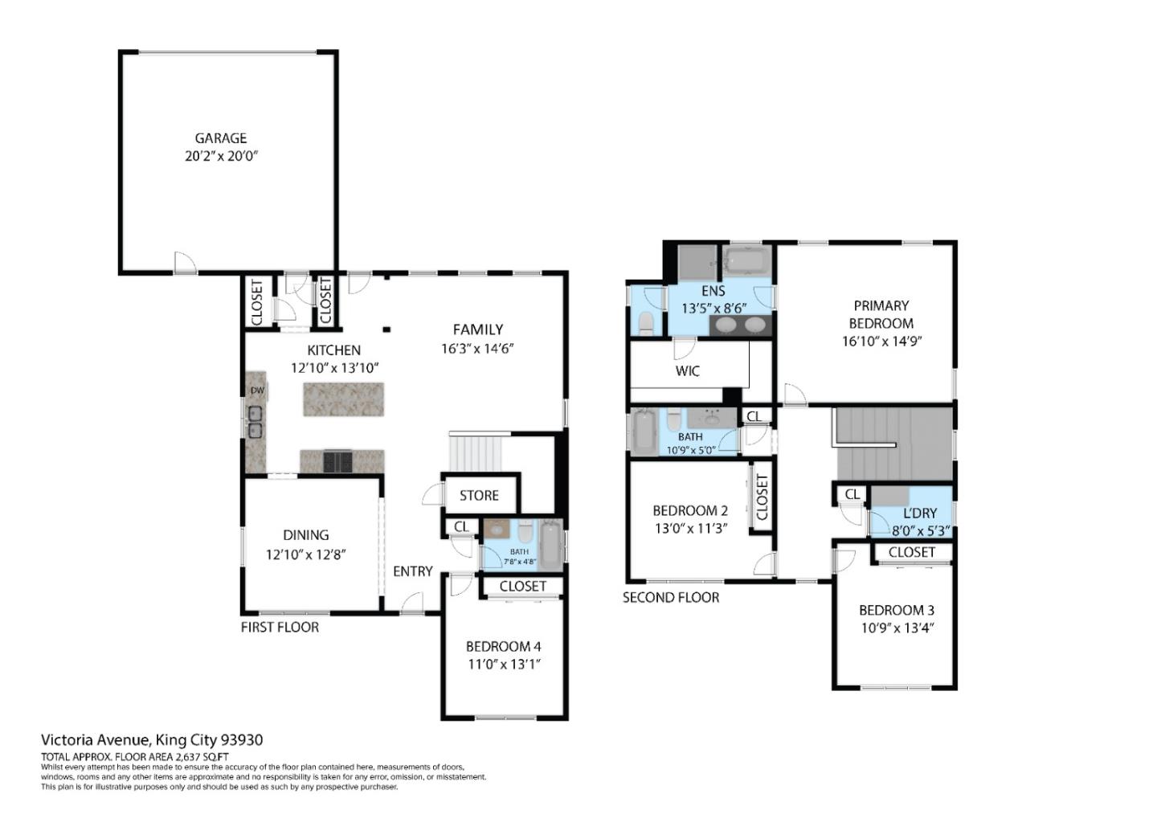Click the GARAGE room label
[x=220, y=138]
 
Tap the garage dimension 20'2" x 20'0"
[x=221, y=156]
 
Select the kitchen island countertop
[x=343, y=399]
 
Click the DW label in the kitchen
[x=257, y=391]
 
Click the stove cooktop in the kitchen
[x=337, y=461]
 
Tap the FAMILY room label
[x=477, y=329]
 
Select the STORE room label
[x=479, y=496]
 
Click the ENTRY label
[x=412, y=571]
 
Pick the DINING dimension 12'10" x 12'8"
[x=305, y=554]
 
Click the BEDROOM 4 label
[x=503, y=646]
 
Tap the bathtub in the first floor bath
[x=551, y=545]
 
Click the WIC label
[x=687, y=371]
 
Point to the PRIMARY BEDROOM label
[x=881, y=314]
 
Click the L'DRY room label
[x=920, y=513]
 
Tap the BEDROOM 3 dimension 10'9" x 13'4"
[x=897, y=628]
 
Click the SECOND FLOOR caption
[x=671, y=598]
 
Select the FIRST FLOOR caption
[x=280, y=628]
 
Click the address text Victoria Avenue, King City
[x=152, y=740]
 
